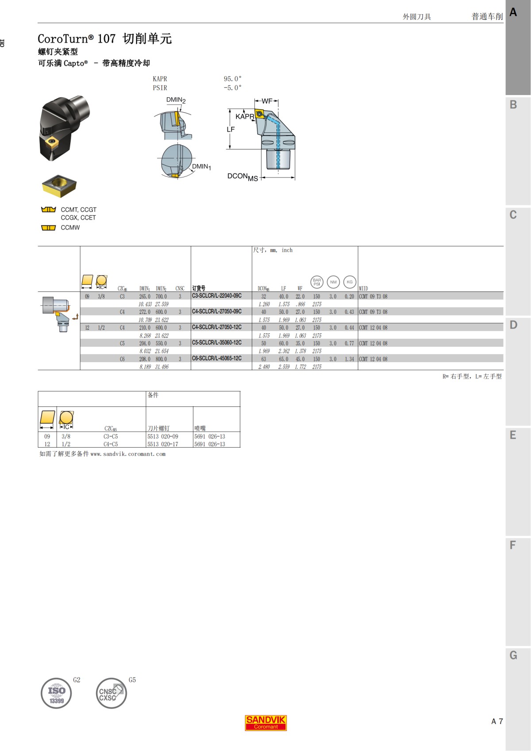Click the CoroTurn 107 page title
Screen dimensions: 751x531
point(104,39)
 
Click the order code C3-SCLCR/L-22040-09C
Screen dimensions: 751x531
point(216,296)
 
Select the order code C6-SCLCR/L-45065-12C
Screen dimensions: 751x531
point(216,358)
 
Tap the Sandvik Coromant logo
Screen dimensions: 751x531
point(265,723)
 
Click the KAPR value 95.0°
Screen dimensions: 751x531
point(232,79)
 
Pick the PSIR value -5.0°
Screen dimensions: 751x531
point(232,88)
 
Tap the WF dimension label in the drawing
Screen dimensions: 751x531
point(267,101)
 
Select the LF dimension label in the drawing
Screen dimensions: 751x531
point(231,129)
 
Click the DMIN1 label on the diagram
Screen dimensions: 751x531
point(201,167)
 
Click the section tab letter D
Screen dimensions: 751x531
point(513,325)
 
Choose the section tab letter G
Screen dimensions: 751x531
point(513,655)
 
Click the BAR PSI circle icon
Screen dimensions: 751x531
point(317,282)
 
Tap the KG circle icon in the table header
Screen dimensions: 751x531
point(350,282)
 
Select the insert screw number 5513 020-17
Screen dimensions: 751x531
point(163,444)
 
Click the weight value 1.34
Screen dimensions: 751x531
point(349,359)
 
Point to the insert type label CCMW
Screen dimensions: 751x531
point(70,227)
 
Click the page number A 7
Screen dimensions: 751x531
point(497,721)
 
